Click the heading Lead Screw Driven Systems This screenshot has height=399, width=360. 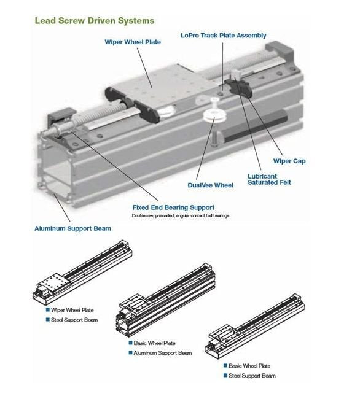click(95, 21)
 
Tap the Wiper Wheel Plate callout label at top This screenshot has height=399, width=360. click(133, 42)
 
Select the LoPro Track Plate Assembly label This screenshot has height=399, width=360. click(224, 36)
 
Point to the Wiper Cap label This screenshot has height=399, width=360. click(289, 161)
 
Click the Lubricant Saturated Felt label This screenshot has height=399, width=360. click(269, 179)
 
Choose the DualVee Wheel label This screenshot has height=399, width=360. click(210, 185)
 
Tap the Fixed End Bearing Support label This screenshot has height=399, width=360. click(173, 207)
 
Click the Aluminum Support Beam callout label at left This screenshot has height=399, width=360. click(73, 228)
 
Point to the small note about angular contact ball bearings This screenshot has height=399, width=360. click(181, 216)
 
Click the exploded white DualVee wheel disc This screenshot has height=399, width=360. click(215, 116)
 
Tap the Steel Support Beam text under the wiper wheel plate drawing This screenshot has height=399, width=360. click(74, 320)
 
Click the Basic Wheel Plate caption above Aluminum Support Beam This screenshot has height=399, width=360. click(155, 343)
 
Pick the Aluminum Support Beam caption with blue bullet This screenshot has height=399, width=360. click(163, 353)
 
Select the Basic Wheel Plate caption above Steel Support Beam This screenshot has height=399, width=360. click(249, 366)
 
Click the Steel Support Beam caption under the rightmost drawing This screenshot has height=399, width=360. click(252, 376)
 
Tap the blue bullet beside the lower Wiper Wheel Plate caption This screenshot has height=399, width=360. click(47, 310)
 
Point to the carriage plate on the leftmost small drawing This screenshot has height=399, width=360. click(53, 283)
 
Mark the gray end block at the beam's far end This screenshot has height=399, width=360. click(279, 50)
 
